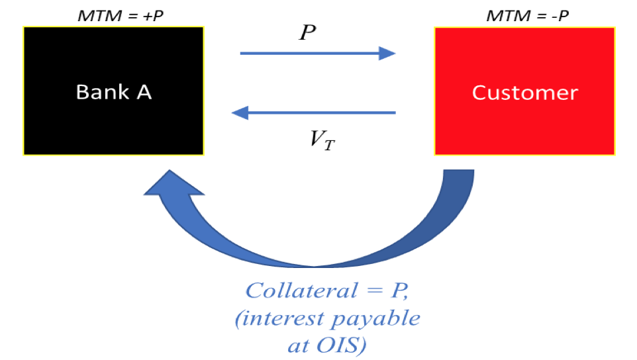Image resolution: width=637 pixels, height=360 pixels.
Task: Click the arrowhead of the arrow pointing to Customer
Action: (387, 53)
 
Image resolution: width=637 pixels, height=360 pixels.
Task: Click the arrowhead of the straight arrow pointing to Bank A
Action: (240, 112)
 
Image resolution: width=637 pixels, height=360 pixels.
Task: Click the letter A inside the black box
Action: (144, 91)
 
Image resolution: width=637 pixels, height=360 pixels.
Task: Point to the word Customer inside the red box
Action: (524, 92)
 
